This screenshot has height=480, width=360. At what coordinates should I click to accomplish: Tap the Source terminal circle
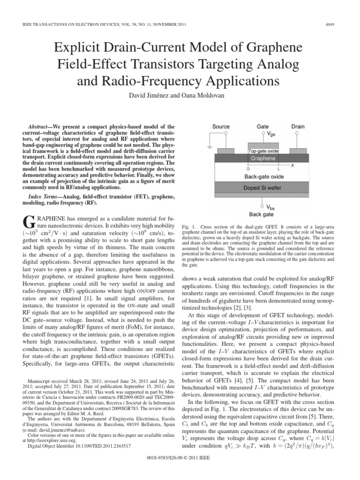226,133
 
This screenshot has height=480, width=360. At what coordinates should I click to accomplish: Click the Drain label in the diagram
298,127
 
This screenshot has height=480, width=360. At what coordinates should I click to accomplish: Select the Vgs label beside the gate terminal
270,135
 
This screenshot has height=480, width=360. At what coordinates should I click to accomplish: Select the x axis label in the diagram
293,165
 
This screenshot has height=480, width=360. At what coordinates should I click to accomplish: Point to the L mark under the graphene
278,168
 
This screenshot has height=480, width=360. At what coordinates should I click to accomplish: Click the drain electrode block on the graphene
298,151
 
